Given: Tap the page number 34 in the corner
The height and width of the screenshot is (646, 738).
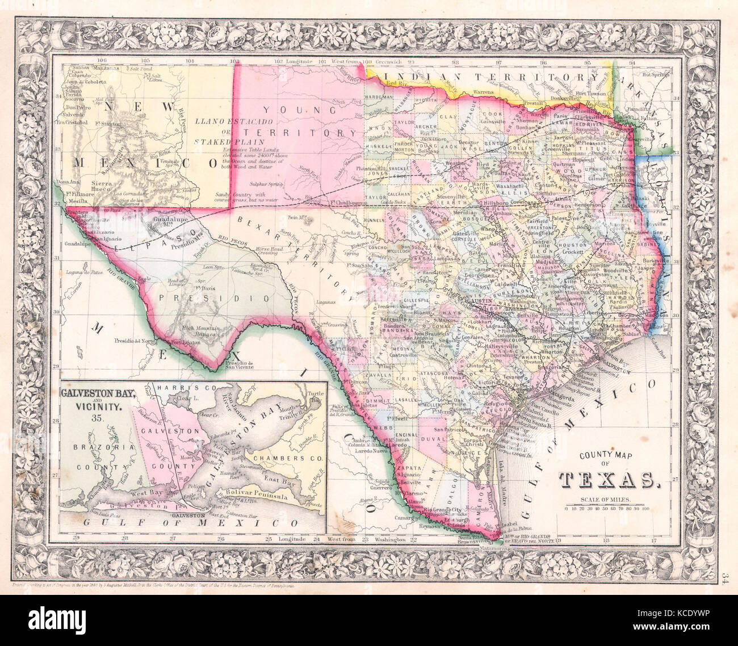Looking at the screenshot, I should coord(726,578).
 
